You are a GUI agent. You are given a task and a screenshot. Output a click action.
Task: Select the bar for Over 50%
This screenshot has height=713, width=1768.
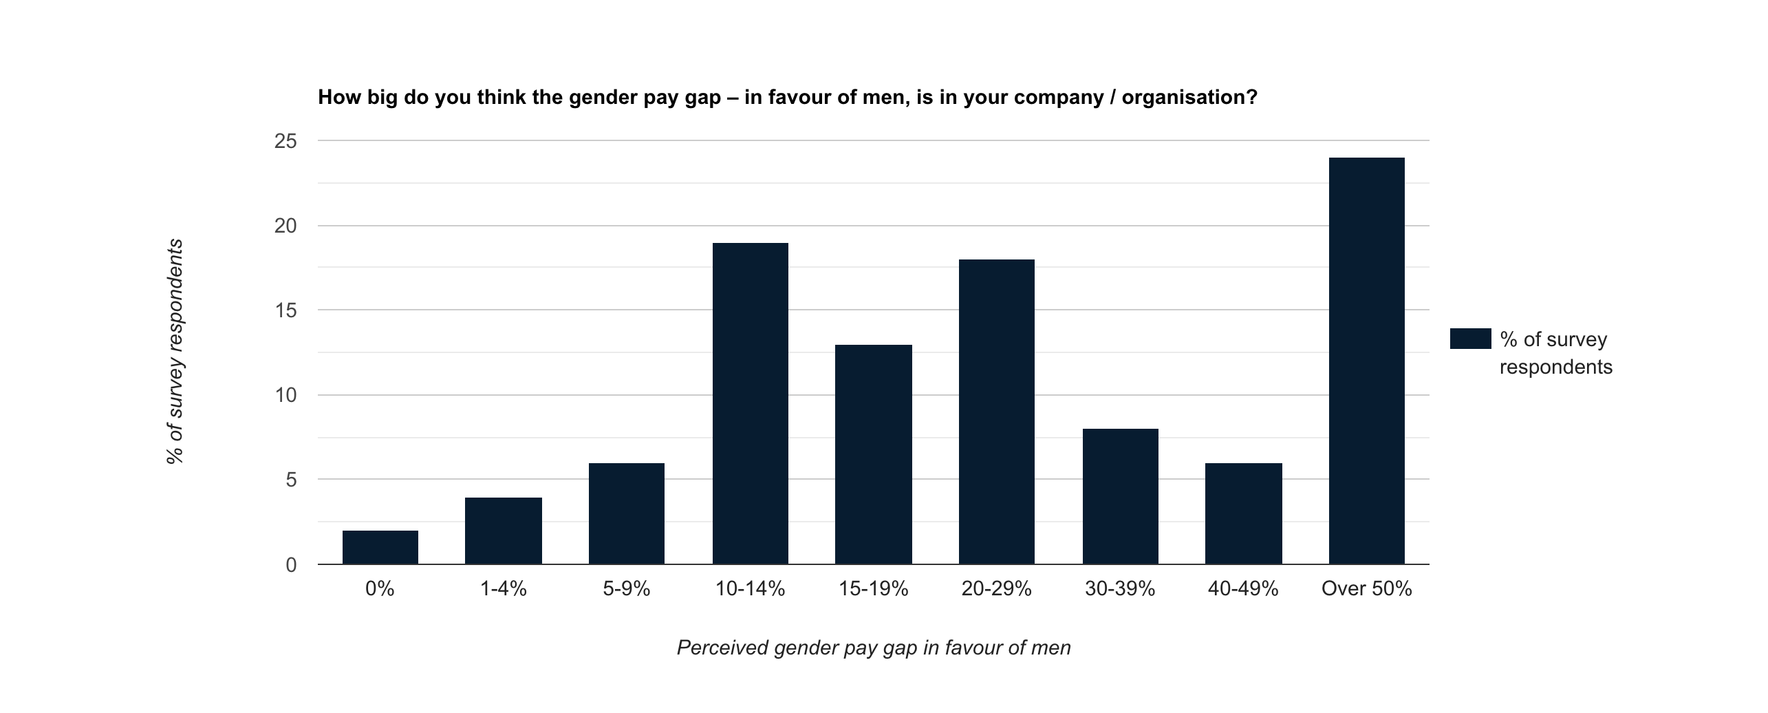pyautogui.click(x=1366, y=361)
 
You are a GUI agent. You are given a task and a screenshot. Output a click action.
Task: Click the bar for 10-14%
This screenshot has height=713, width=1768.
pyautogui.click(x=750, y=404)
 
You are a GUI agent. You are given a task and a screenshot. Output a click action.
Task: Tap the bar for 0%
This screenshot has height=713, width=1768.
pyautogui.click(x=380, y=547)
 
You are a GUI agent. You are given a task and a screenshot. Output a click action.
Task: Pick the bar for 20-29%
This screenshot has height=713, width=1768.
pyautogui.click(x=996, y=412)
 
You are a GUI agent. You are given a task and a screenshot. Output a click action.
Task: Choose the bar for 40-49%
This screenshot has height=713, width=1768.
pyautogui.click(x=1243, y=513)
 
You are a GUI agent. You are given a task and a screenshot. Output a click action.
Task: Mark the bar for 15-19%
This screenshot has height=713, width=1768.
pyautogui.click(x=873, y=454)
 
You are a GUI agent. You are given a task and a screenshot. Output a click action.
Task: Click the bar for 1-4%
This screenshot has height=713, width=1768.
pyautogui.click(x=503, y=531)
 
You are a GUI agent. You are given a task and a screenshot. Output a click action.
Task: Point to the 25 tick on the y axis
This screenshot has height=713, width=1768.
pyautogui.click(x=285, y=142)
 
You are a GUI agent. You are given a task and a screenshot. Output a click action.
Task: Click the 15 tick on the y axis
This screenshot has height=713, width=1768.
pyautogui.click(x=285, y=311)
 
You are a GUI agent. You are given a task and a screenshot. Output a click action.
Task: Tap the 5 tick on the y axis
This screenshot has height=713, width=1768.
pyautogui.click(x=291, y=480)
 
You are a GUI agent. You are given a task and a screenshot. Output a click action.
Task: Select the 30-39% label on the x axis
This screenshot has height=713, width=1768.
pyautogui.click(x=1119, y=589)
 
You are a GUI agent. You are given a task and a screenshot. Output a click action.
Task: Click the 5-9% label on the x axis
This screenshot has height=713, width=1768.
pyautogui.click(x=626, y=589)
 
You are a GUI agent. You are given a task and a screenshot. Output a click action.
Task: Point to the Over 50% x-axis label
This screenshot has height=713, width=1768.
pyautogui.click(x=1366, y=589)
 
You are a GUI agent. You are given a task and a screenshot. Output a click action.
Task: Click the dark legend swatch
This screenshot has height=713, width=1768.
pyautogui.click(x=1470, y=339)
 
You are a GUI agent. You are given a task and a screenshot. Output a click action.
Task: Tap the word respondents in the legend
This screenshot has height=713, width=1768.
pyautogui.click(x=1555, y=367)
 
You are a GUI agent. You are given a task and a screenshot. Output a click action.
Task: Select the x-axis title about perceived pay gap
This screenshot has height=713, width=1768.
pyautogui.click(x=874, y=648)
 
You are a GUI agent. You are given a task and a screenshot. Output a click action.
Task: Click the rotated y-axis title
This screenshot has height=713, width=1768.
pyautogui.click(x=175, y=351)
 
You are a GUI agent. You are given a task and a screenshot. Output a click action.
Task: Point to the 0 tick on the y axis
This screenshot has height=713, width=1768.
pyautogui.click(x=291, y=565)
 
